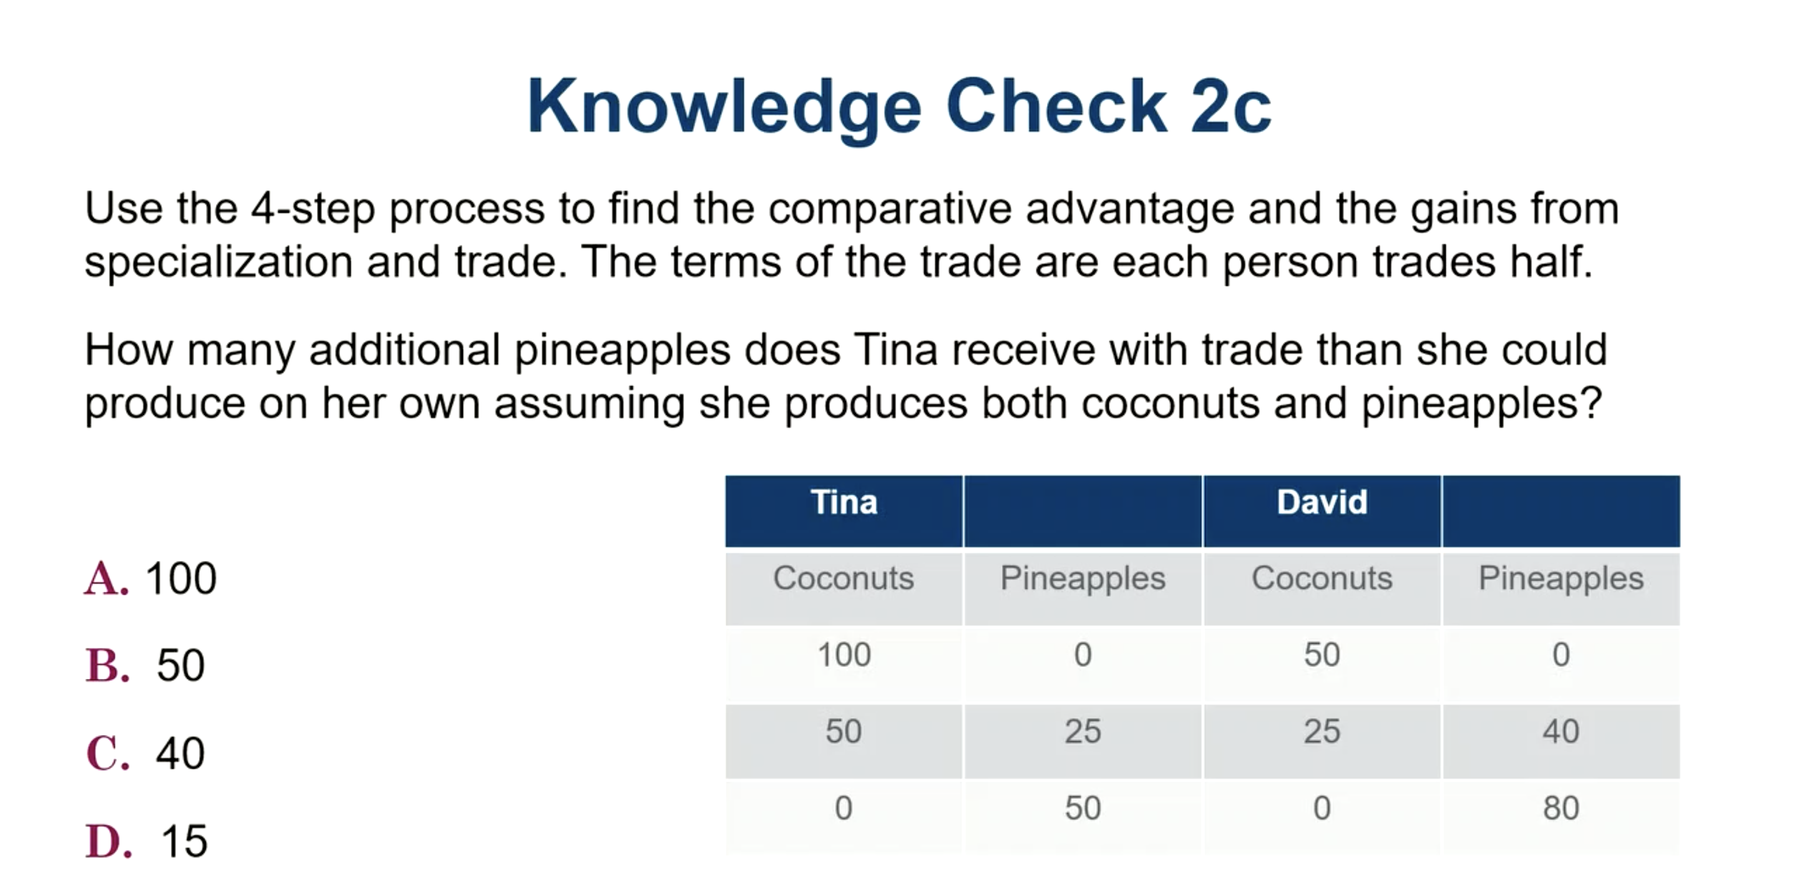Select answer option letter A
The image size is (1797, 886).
107,579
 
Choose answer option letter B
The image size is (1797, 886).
107,666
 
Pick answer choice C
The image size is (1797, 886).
108,754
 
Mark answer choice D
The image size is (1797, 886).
108,841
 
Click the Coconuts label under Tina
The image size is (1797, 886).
844,578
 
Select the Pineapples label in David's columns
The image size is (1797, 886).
1561,578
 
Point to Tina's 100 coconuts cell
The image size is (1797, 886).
844,655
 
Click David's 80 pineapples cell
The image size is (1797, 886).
1561,808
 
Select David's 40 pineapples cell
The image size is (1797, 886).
1561,732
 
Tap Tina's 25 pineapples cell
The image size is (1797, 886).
1083,732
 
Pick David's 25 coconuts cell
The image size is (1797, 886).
1322,732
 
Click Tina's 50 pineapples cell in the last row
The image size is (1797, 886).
1083,808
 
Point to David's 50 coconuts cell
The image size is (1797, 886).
1322,655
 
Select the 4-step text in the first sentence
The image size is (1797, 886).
313,208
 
